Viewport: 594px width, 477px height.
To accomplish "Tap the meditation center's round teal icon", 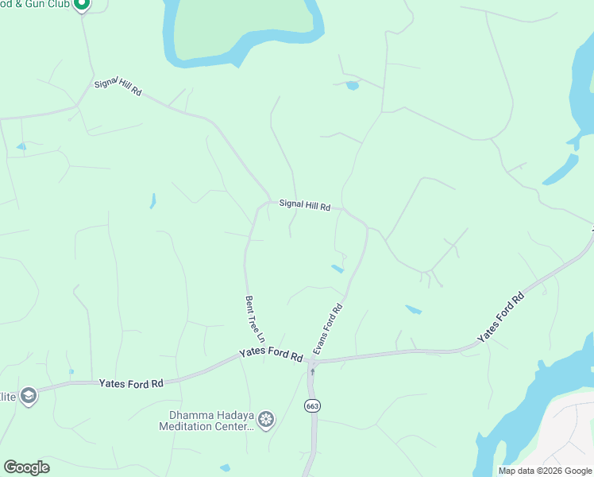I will click(266, 418).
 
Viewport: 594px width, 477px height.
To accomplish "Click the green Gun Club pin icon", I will click(81, 6).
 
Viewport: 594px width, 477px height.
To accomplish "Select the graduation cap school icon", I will click(29, 396).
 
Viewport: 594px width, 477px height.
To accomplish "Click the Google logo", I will click(26, 467).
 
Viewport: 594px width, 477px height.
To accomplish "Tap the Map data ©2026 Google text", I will click(544, 471).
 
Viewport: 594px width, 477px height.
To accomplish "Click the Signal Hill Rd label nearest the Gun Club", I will click(118, 87).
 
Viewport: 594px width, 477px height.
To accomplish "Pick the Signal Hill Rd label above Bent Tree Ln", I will click(304, 205).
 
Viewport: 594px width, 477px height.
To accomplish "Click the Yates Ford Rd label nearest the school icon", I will click(131, 383).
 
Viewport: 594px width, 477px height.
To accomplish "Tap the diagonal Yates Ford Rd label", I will click(501, 319).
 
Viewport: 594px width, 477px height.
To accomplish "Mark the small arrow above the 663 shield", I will click(313, 372).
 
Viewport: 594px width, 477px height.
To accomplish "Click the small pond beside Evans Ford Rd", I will click(337, 269).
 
